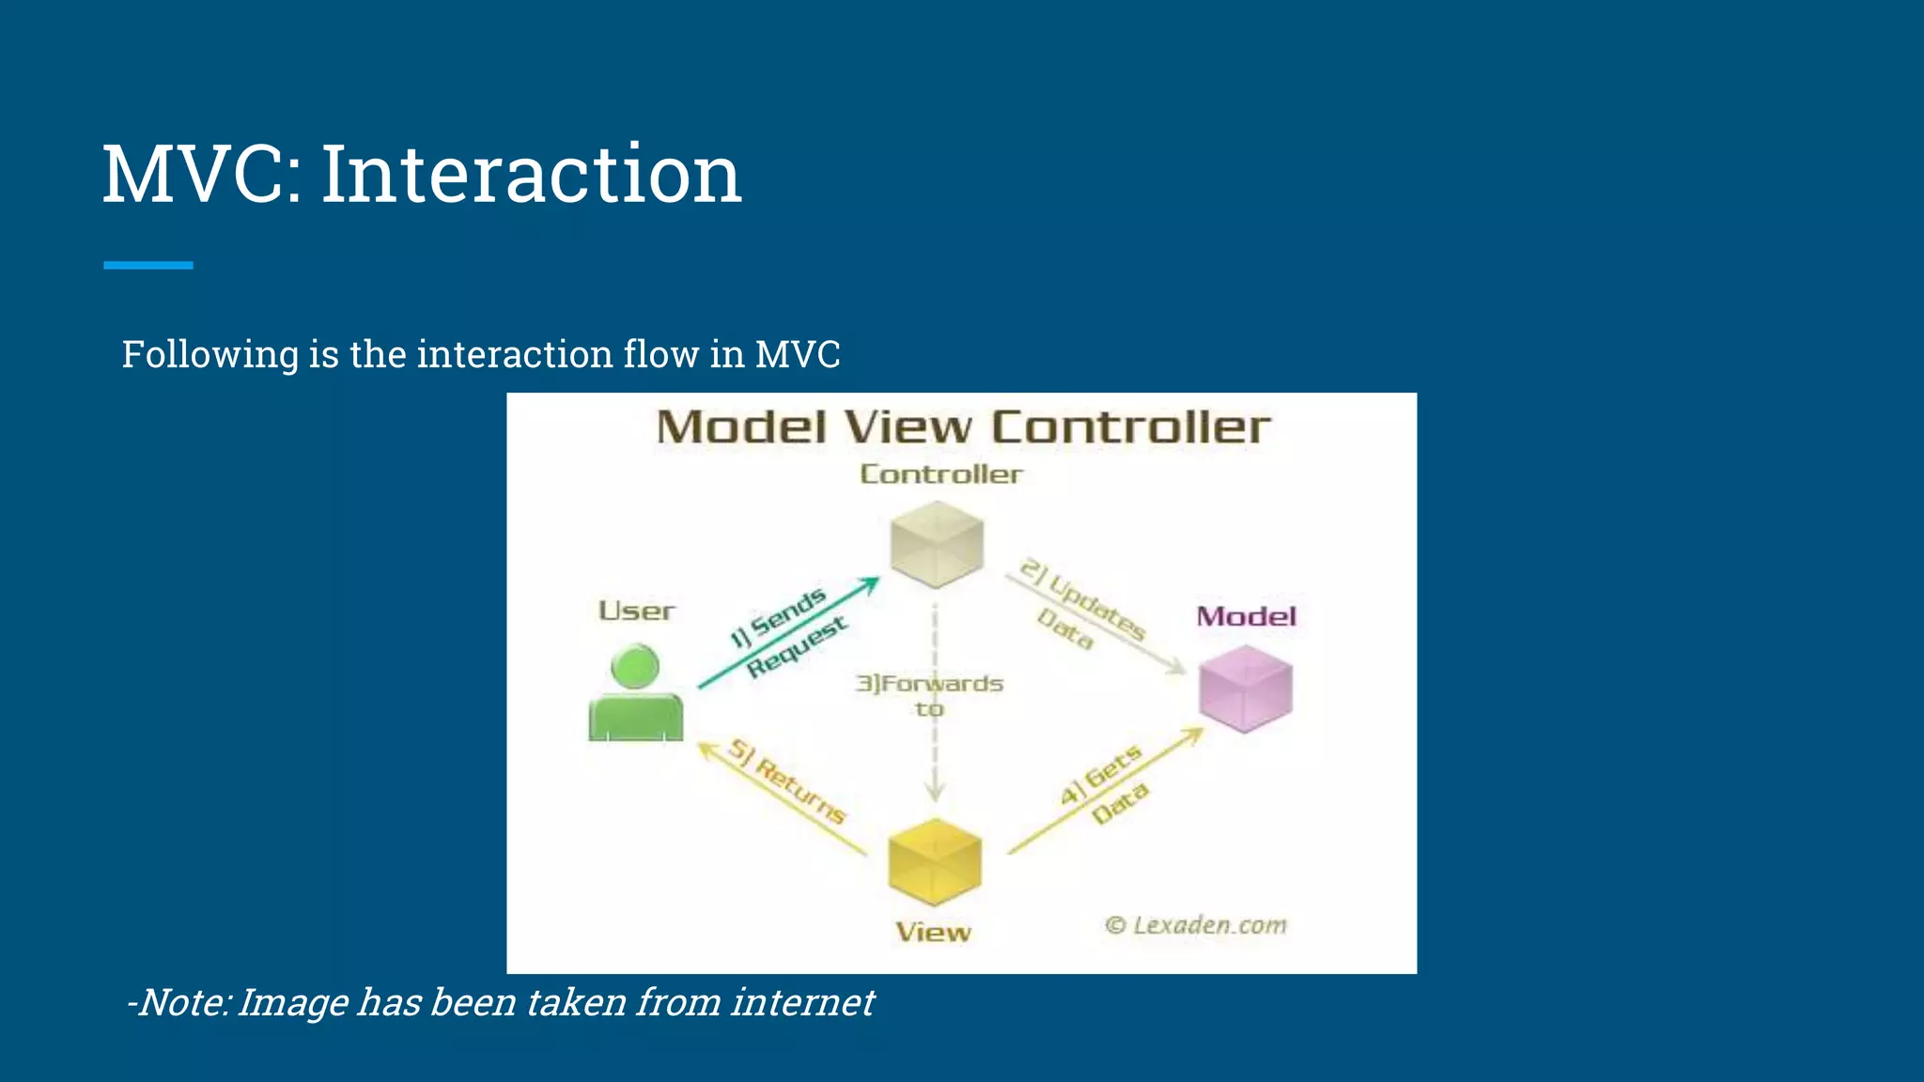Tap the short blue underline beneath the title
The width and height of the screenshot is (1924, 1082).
click(148, 266)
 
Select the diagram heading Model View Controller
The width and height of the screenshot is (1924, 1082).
click(963, 427)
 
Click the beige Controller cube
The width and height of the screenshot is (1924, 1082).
click(937, 544)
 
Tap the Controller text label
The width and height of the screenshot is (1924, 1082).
click(941, 474)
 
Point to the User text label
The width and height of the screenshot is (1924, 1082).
click(637, 611)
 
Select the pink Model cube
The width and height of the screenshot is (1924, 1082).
click(1246, 688)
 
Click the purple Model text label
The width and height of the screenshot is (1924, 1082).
click(1246, 617)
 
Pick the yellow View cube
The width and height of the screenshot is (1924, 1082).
click(935, 861)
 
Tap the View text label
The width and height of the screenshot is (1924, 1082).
click(933, 933)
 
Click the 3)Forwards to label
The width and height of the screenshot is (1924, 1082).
click(929, 694)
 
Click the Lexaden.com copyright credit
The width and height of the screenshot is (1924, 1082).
click(1196, 925)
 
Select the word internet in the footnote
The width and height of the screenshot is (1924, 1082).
click(802, 1002)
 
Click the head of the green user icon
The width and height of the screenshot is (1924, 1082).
click(635, 666)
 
